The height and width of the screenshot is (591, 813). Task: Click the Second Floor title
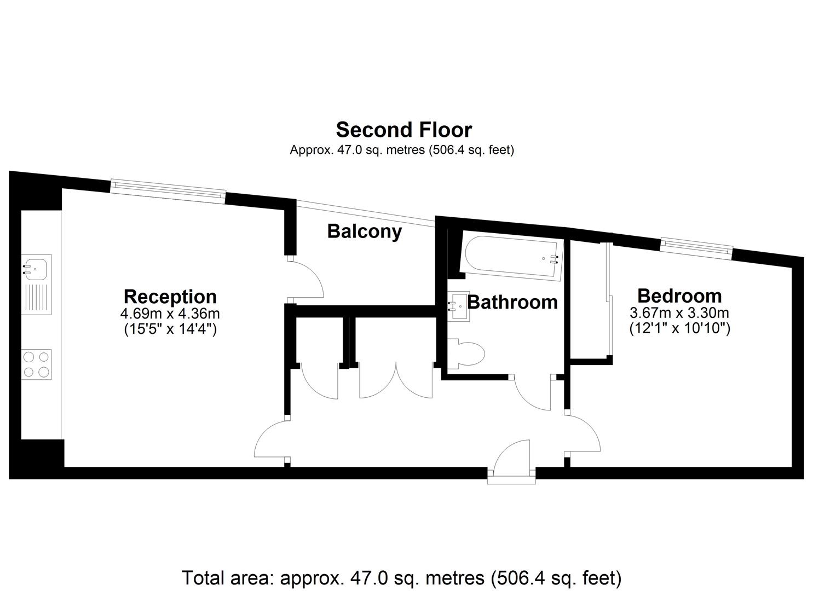pyautogui.click(x=403, y=130)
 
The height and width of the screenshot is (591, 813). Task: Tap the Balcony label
pyautogui.click(x=365, y=231)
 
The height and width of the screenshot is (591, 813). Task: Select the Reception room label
pyautogui.click(x=170, y=297)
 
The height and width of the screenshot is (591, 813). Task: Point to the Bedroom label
pyautogui.click(x=679, y=296)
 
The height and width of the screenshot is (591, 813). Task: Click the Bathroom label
pyautogui.click(x=512, y=302)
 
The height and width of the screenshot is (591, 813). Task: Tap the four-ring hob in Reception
pyautogui.click(x=36, y=364)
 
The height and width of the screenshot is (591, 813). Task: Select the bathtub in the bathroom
pyautogui.click(x=511, y=258)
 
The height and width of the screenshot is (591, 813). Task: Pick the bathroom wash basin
pyautogui.click(x=458, y=306)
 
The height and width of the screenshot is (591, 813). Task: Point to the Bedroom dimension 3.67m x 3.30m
pyautogui.click(x=679, y=312)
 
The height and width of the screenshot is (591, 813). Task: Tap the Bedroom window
pyautogui.click(x=696, y=248)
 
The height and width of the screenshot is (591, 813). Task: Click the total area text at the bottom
pyautogui.click(x=401, y=577)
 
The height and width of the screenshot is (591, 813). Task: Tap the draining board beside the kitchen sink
pyautogui.click(x=36, y=300)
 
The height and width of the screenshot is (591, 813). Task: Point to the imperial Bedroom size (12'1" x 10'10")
pyautogui.click(x=679, y=328)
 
